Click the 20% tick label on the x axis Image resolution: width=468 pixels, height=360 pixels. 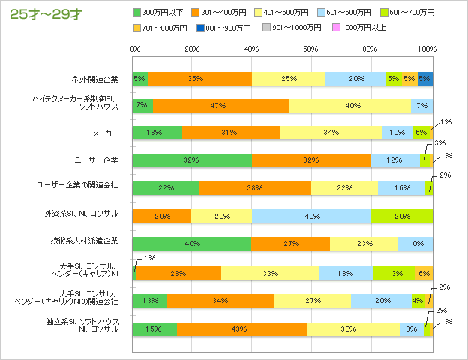point(192,49)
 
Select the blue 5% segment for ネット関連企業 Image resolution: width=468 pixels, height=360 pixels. point(425,78)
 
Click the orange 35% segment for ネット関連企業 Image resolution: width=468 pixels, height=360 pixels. point(199,78)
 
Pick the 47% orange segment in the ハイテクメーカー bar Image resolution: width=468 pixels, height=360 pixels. point(220,106)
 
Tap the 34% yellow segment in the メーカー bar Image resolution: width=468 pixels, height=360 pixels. point(331,133)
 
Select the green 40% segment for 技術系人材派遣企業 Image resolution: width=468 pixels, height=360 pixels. point(192,243)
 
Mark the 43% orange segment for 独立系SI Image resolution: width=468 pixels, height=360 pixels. point(241,328)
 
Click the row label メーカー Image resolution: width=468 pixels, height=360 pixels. point(106,133)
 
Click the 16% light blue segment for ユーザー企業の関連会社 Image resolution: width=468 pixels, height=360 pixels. point(400,187)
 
